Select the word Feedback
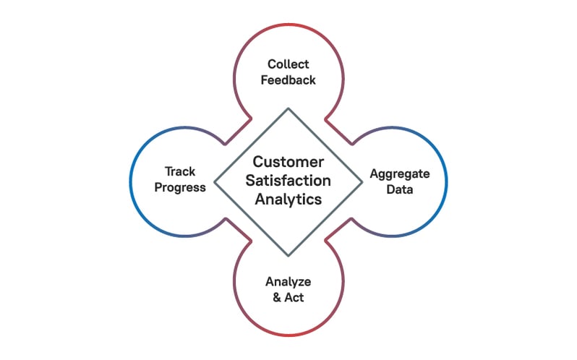pos(288,80)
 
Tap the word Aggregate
pos(400,173)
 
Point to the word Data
pos(400,190)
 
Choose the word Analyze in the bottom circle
pos(288,280)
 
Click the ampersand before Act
pos(276,297)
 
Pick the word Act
pos(294,297)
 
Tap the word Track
pos(179,171)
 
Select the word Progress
pos(179,188)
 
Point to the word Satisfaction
pos(288,181)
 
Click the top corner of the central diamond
pos(288,108)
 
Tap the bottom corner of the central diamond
pos(288,255)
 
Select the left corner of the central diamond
pos(214,181)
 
